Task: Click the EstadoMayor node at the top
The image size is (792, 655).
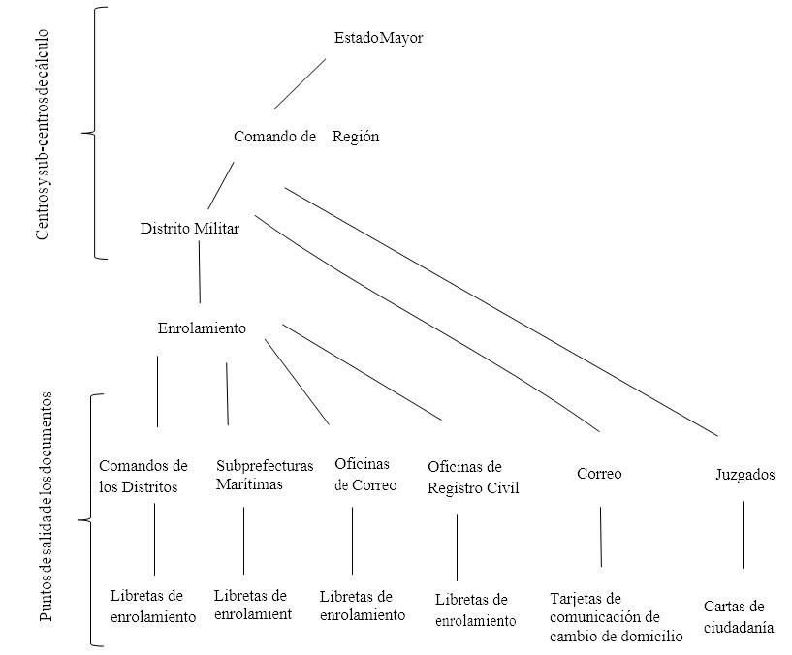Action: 378,38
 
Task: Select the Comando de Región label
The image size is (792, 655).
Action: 306,137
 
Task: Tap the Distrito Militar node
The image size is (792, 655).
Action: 189,229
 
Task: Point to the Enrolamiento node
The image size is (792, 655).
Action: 202,328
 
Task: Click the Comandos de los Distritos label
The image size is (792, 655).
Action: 143,476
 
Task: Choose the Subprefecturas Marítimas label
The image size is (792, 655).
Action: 265,475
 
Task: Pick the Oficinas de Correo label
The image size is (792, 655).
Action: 365,475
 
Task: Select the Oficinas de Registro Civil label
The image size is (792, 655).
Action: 473,478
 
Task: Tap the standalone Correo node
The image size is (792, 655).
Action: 599,474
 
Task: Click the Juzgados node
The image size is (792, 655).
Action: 745,475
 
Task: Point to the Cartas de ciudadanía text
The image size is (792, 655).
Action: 739,616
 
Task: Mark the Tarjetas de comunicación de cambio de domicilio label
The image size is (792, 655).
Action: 617,617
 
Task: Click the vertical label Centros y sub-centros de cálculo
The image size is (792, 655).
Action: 43,134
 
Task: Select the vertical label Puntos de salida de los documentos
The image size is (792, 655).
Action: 46,507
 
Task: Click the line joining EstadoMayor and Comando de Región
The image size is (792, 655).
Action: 301,84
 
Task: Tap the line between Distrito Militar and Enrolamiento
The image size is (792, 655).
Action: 200,272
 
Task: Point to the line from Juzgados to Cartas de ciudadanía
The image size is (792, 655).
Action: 743,535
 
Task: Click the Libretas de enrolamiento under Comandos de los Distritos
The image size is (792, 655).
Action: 153,606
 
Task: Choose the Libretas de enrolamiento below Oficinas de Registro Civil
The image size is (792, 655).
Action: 476,610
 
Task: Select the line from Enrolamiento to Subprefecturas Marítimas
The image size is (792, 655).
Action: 227,394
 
